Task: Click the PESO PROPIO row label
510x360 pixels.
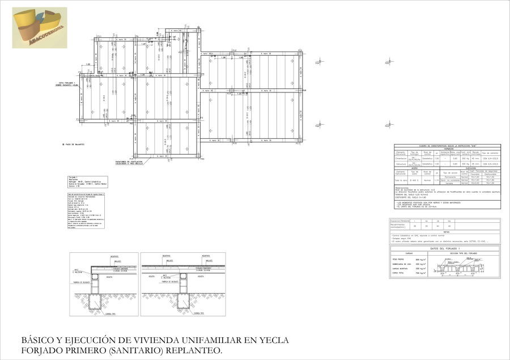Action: pyautogui.click(x=399, y=259)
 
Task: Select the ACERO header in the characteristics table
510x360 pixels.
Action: pyautogui.click(x=415, y=168)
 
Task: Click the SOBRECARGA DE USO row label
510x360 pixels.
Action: pyautogui.click(x=402, y=264)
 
